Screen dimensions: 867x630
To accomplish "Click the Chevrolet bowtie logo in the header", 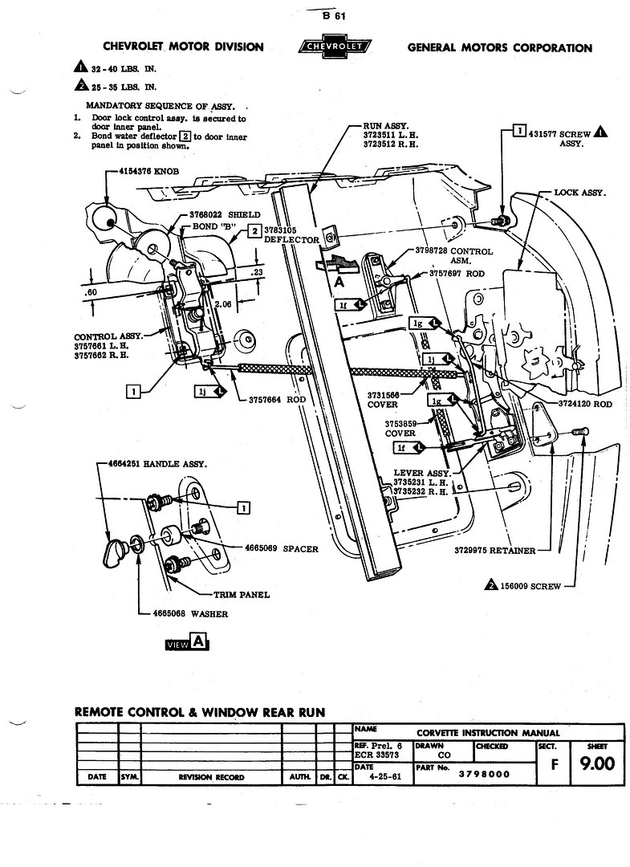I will [335, 47].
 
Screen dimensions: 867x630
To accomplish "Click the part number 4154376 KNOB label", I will [148, 172].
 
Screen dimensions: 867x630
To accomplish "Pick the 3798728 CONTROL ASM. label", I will [453, 255].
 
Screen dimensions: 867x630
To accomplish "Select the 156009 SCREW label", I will [534, 585].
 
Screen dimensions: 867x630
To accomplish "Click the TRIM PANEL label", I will [242, 595].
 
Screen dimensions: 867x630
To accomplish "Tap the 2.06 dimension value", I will [223, 305].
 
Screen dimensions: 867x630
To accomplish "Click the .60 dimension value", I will [89, 292].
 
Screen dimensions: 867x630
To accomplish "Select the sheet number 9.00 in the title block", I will [597, 763].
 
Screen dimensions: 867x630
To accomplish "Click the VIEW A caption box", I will [187, 642].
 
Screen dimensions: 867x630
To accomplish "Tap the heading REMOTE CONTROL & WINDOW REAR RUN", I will [200, 711].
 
